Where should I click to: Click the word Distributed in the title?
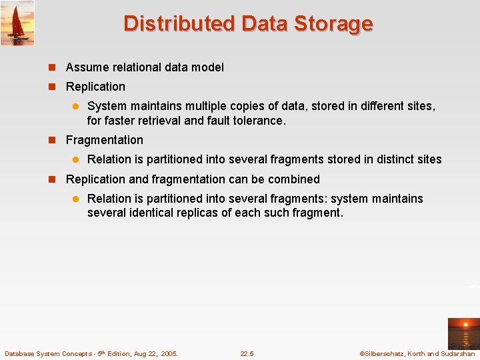(179, 24)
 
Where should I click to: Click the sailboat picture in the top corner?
(17, 23)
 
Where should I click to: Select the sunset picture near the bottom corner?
(463, 333)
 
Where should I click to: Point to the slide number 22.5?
(247, 353)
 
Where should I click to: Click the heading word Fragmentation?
(105, 140)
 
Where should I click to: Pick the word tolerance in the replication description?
(257, 121)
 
